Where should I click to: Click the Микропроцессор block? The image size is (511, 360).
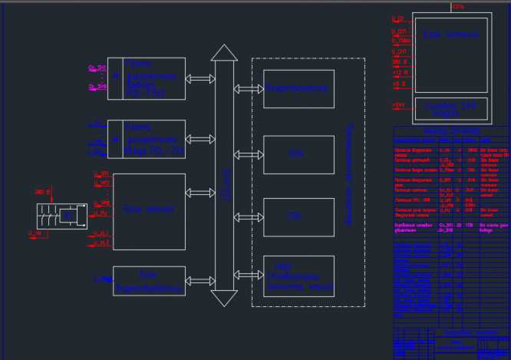pyautogui.click(x=298, y=89)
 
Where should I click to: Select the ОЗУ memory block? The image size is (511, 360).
pyautogui.click(x=298, y=154)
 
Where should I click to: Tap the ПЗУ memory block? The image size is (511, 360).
pyautogui.click(x=298, y=217)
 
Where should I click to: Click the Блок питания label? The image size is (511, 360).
pyautogui.click(x=450, y=35)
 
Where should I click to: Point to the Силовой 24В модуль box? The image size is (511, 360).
pyautogui.click(x=451, y=108)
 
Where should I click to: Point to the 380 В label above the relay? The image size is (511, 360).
pyautogui.click(x=42, y=192)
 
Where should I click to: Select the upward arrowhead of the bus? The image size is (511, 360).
pyautogui.click(x=224, y=53)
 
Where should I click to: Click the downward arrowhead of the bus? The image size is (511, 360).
pyautogui.click(x=224, y=298)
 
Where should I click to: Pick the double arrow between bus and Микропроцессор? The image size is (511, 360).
pyautogui.click(x=249, y=89)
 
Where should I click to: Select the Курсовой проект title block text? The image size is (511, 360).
pyautogui.click(x=453, y=343)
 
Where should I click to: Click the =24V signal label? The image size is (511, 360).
pyautogui.click(x=398, y=105)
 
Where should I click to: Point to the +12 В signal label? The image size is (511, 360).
pyautogui.click(x=399, y=73)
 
